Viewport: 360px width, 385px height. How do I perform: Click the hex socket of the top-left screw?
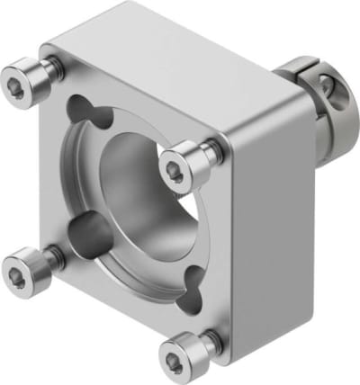(x=22, y=79)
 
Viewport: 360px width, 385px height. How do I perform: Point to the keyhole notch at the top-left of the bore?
(x=88, y=116)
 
